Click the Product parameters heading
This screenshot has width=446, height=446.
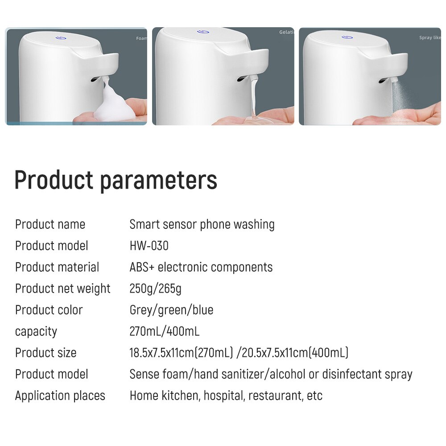(x=116, y=180)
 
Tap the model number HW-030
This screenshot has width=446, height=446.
(x=149, y=246)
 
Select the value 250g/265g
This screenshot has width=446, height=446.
(x=155, y=289)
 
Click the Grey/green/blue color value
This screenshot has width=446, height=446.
(x=171, y=310)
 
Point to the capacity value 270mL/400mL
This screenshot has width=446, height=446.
(x=164, y=331)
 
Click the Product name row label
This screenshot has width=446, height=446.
(x=50, y=224)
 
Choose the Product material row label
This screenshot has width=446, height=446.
(x=57, y=267)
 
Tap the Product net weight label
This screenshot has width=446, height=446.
(x=62, y=289)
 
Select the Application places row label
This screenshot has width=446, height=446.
(x=60, y=396)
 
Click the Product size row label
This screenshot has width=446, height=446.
(x=45, y=353)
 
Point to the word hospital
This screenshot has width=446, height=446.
(x=223, y=396)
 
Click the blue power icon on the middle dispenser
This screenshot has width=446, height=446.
(x=202, y=32)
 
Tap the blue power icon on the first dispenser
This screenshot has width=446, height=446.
(x=61, y=37)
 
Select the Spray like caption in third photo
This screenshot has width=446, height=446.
(x=429, y=38)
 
